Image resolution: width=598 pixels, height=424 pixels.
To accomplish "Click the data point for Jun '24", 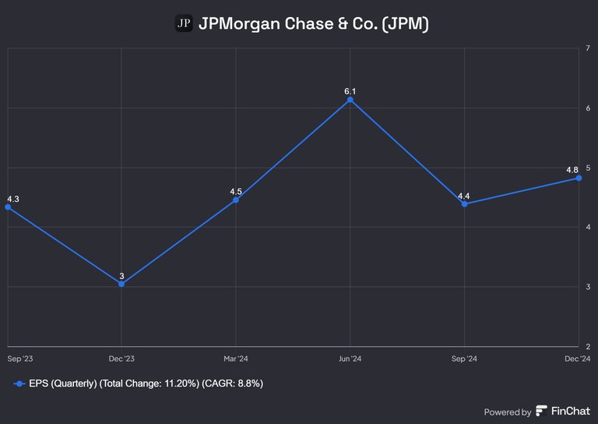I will click(350, 100).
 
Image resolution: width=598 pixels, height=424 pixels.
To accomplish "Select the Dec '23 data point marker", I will click(121, 284).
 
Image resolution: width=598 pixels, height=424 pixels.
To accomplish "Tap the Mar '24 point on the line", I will click(236, 200).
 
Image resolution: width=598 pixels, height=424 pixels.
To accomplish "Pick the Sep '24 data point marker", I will click(464, 204).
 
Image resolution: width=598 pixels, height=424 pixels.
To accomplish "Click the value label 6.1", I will click(350, 91).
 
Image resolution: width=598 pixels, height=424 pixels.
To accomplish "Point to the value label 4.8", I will click(572, 170).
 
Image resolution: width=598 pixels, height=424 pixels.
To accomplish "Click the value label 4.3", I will click(12, 199).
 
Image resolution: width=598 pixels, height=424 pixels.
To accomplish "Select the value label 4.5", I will click(236, 191).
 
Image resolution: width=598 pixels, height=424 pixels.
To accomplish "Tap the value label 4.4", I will click(464, 195).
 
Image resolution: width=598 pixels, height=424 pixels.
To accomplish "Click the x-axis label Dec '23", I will click(121, 359).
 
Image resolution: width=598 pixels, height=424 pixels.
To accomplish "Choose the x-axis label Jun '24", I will click(350, 359).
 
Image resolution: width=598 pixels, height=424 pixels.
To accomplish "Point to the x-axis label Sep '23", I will click(19, 359).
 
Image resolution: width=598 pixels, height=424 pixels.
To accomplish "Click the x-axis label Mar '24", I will click(236, 359).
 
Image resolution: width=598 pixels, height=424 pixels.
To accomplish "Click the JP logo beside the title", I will click(184, 24).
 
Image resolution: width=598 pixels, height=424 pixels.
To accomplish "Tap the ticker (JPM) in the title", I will click(403, 24).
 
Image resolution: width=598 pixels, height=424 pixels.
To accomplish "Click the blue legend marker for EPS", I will click(18, 383).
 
